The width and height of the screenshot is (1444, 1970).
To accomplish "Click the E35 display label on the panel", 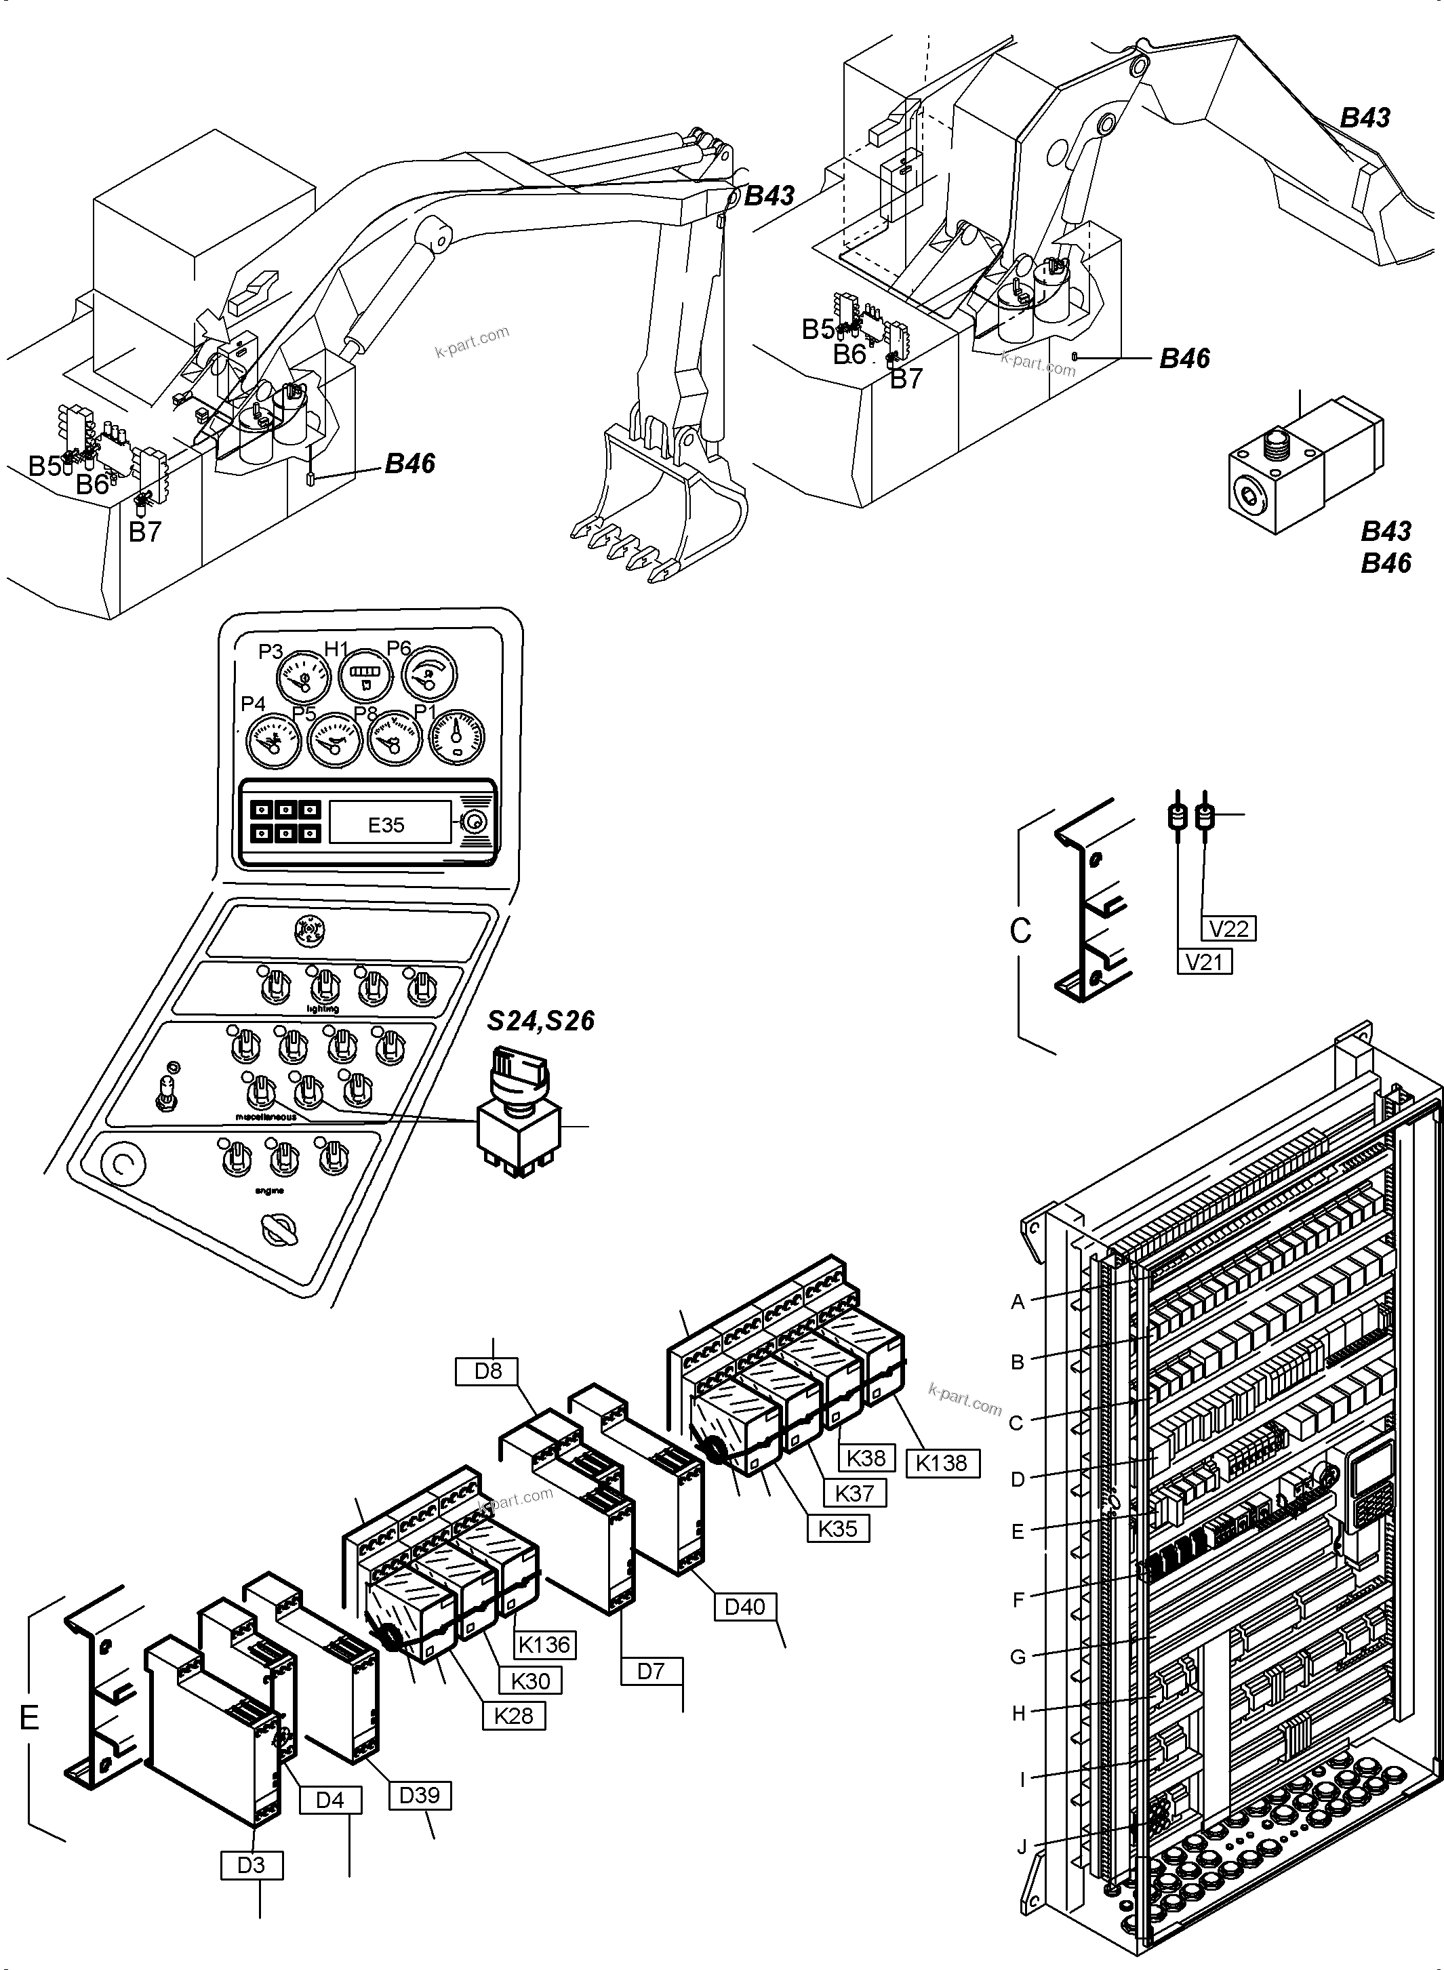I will [x=386, y=825].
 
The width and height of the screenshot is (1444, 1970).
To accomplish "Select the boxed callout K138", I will [x=942, y=1463].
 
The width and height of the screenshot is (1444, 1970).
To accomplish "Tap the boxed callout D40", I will [x=745, y=1607].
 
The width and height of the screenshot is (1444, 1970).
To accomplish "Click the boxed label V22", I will [x=1229, y=927].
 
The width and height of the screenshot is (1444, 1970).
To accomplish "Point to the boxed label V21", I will [x=1203, y=961].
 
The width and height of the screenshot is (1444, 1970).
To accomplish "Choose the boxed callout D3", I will [x=251, y=1865].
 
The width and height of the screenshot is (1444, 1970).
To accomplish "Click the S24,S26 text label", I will [x=540, y=1021].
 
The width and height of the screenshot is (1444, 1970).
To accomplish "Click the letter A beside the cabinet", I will [x=1018, y=1302].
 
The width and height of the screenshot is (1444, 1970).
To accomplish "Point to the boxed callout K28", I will [x=513, y=1716].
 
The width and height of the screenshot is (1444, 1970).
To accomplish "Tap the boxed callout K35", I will [x=837, y=1529].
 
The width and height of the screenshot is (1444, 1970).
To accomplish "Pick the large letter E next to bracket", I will [x=29, y=1717].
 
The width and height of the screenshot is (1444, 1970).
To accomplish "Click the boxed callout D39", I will [x=419, y=1795].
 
